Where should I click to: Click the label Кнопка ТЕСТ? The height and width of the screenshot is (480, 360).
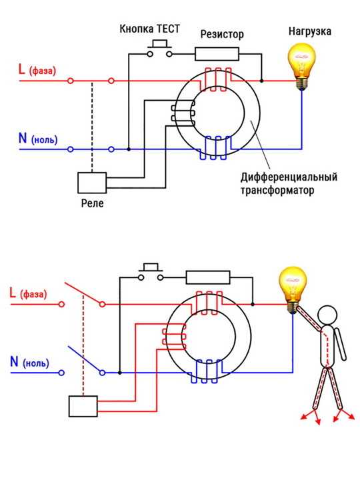(x=149, y=29)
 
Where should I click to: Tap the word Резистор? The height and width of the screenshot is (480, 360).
(x=222, y=34)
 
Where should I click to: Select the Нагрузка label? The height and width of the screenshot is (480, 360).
(x=310, y=31)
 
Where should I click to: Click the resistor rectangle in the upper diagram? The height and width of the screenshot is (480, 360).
(x=217, y=54)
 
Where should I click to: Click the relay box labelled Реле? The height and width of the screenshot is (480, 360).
(x=92, y=183)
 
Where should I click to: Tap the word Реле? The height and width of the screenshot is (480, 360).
(x=92, y=203)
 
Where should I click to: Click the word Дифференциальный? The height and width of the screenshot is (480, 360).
(x=289, y=177)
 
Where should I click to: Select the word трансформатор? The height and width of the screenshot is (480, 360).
(x=277, y=191)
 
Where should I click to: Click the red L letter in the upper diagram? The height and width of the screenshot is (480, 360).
(x=21, y=69)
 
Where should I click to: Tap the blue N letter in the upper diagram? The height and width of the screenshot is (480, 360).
(x=23, y=138)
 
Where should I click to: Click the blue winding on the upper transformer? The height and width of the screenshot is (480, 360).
(x=215, y=148)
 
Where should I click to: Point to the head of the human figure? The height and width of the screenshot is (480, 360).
(x=327, y=315)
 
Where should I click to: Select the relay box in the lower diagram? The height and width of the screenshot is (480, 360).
(x=83, y=406)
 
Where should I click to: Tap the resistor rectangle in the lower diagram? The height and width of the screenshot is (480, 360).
(x=208, y=277)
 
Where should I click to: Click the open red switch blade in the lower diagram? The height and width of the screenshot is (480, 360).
(x=83, y=293)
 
